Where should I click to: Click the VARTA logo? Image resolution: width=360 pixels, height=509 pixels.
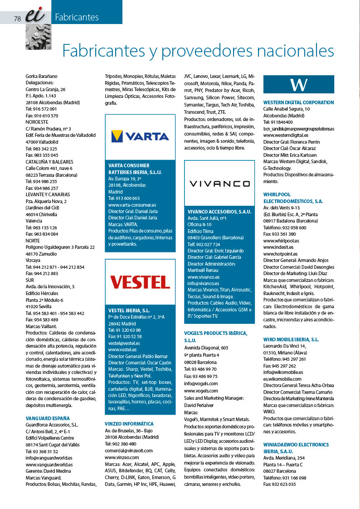(x=140, y=136)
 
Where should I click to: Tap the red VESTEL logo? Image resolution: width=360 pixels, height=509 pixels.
(x=140, y=281)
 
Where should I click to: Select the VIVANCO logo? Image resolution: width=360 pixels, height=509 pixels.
(x=219, y=184)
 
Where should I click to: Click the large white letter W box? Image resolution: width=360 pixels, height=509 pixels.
(x=299, y=84)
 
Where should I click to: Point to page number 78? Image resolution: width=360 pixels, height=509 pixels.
(x=18, y=19)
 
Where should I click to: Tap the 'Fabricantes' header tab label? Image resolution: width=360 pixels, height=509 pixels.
(x=77, y=18)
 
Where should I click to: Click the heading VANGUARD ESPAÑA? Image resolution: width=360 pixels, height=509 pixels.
(x=48, y=418)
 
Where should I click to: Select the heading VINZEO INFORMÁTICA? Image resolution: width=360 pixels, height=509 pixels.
(x=129, y=424)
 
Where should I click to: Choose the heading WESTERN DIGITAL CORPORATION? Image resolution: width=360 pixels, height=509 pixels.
(x=298, y=102)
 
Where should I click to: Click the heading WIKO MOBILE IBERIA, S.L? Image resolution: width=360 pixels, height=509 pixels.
(x=291, y=339)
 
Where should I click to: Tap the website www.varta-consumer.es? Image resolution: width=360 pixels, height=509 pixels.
(x=132, y=205)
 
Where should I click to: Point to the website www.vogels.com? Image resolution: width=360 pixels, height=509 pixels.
(x=201, y=391)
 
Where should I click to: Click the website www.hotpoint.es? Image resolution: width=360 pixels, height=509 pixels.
(x=280, y=254)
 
